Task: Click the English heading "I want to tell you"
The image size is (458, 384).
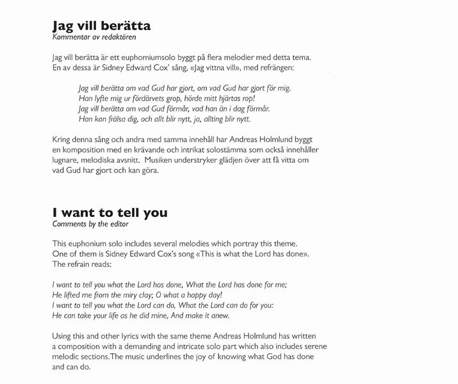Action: click(110, 212)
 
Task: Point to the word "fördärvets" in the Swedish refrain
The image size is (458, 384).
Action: click(136, 98)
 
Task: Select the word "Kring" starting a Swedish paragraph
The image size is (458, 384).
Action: click(63, 140)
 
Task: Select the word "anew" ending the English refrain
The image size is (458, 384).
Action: click(217, 316)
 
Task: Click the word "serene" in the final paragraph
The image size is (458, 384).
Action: click(323, 346)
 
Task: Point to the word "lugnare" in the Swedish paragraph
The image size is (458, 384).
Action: click(68, 160)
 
